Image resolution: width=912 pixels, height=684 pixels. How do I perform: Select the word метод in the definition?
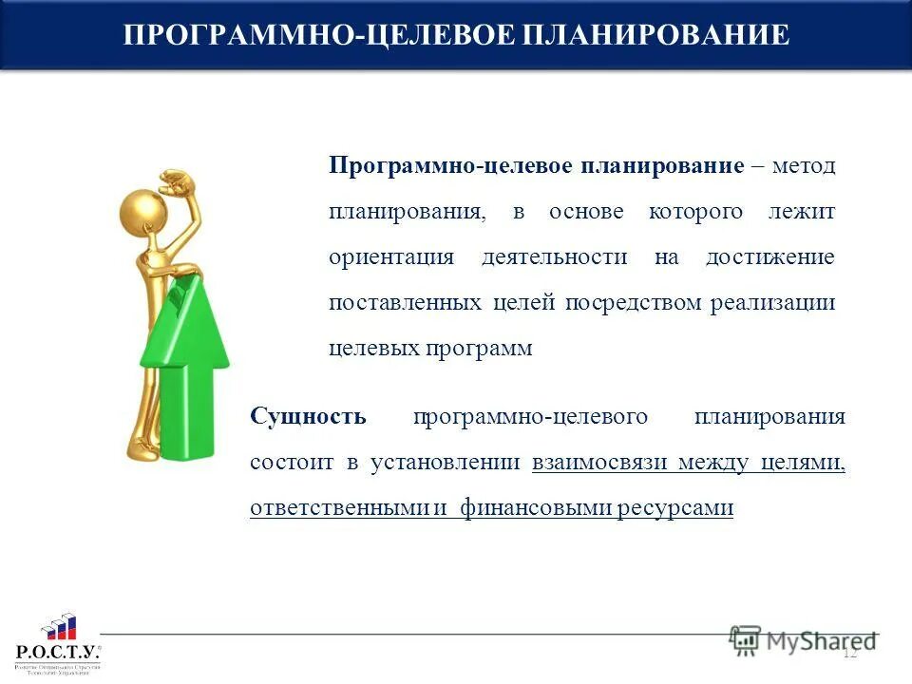tap(804, 166)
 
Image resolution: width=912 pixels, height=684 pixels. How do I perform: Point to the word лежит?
tap(802, 212)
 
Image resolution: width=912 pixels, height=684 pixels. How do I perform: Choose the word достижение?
tap(769, 257)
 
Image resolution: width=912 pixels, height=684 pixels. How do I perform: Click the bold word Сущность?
tap(308, 417)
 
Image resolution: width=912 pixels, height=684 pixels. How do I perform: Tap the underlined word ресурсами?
tap(674, 508)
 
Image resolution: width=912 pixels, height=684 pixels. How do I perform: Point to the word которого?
tap(695, 212)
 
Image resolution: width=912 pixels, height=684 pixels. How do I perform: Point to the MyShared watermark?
tap(803, 641)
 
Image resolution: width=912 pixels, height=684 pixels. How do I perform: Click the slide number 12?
tap(849, 652)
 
